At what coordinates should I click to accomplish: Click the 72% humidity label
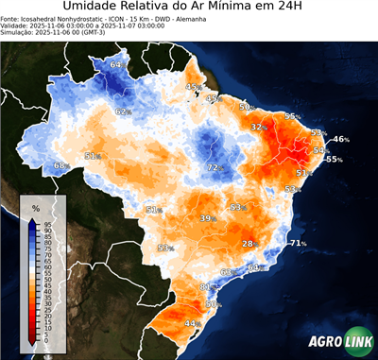214,167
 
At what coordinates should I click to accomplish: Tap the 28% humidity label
249,244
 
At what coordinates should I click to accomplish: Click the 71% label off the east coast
298,244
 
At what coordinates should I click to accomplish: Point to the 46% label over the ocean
340,139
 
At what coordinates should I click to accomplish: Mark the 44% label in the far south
191,323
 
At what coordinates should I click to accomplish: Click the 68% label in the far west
60,165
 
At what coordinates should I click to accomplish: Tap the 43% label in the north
192,87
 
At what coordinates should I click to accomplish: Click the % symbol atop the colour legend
35,207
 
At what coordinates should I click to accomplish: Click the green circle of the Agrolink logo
363,344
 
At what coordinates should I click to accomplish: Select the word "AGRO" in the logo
326,344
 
